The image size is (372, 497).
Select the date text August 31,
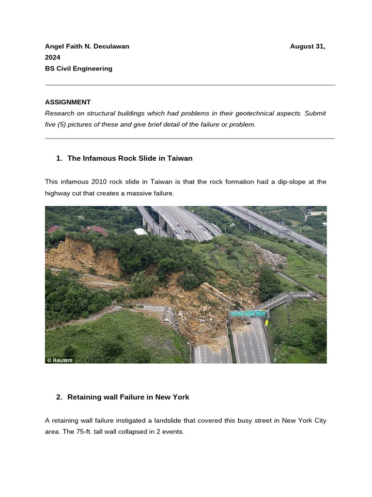[307, 47]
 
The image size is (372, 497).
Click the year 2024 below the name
[53, 58]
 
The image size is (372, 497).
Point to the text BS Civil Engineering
[78, 69]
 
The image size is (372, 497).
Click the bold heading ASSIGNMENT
[68, 102]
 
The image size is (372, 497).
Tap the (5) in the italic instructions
[65, 125]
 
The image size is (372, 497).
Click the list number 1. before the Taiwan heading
[59, 158]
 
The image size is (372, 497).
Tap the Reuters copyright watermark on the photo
[60, 360]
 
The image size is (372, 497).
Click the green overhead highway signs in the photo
[249, 314]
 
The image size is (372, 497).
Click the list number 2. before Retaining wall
[59, 397]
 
